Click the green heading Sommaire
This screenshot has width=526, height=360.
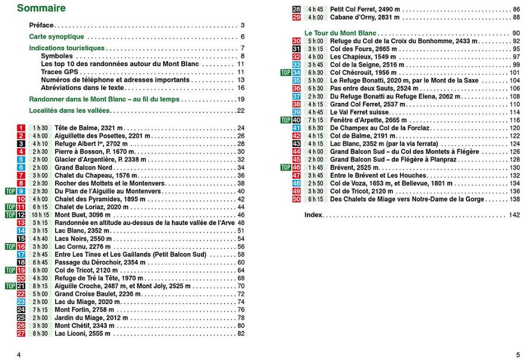(41, 8)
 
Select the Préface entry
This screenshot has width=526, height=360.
(41, 25)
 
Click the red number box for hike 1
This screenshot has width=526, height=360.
(21, 128)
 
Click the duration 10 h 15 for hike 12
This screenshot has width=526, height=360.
(40, 215)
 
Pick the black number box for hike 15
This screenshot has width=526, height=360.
(21, 238)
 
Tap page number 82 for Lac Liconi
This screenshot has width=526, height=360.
(240, 334)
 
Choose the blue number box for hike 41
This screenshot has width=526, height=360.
(296, 128)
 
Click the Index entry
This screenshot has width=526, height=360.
(313, 215)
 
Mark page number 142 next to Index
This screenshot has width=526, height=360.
(514, 215)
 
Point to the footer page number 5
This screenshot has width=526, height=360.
(517, 354)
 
